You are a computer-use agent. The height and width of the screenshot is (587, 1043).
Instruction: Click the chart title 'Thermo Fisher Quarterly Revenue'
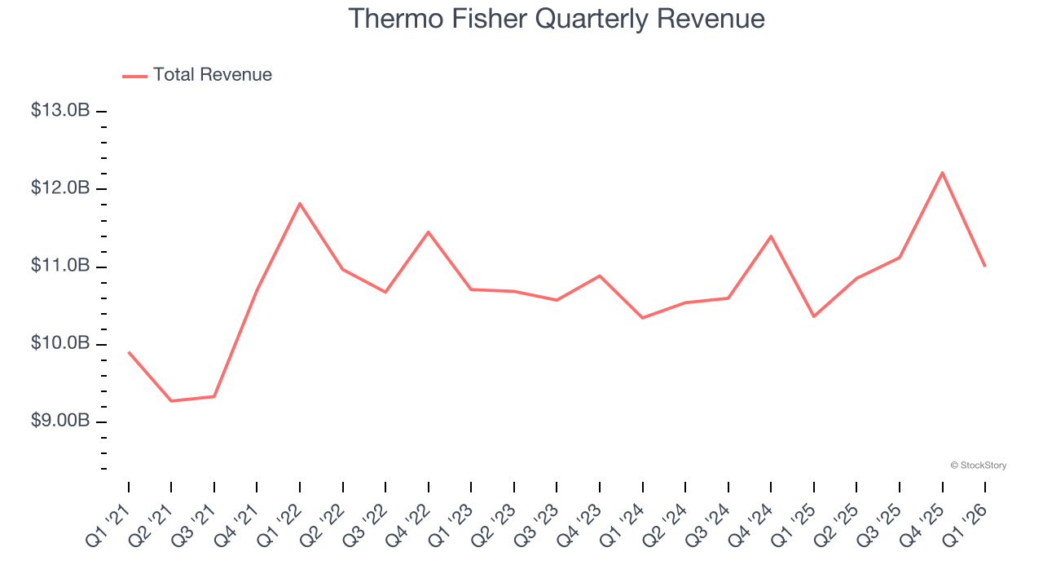point(557,19)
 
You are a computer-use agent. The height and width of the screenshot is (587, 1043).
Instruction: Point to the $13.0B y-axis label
point(60,110)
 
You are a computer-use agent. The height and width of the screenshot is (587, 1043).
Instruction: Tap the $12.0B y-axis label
point(60,188)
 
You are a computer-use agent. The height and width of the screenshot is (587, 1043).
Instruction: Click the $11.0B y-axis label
point(60,266)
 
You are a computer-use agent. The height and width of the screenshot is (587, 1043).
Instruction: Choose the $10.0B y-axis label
point(60,343)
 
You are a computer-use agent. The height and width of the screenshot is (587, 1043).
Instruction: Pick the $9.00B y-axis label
point(60,421)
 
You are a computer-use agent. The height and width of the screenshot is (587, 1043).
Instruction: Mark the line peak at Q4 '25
point(942,173)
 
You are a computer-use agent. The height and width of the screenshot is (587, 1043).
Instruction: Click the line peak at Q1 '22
point(300,203)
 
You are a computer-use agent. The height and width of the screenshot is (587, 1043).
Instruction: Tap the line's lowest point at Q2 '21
point(171,401)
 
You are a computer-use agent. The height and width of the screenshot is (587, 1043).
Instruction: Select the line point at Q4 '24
point(771,236)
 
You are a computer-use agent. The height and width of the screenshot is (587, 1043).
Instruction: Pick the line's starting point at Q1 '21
point(129,352)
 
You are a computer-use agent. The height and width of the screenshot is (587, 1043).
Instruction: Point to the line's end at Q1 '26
point(985,266)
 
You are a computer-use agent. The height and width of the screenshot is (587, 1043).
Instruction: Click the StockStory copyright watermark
point(978,466)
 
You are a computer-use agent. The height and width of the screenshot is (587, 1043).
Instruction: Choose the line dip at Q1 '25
point(814,316)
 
